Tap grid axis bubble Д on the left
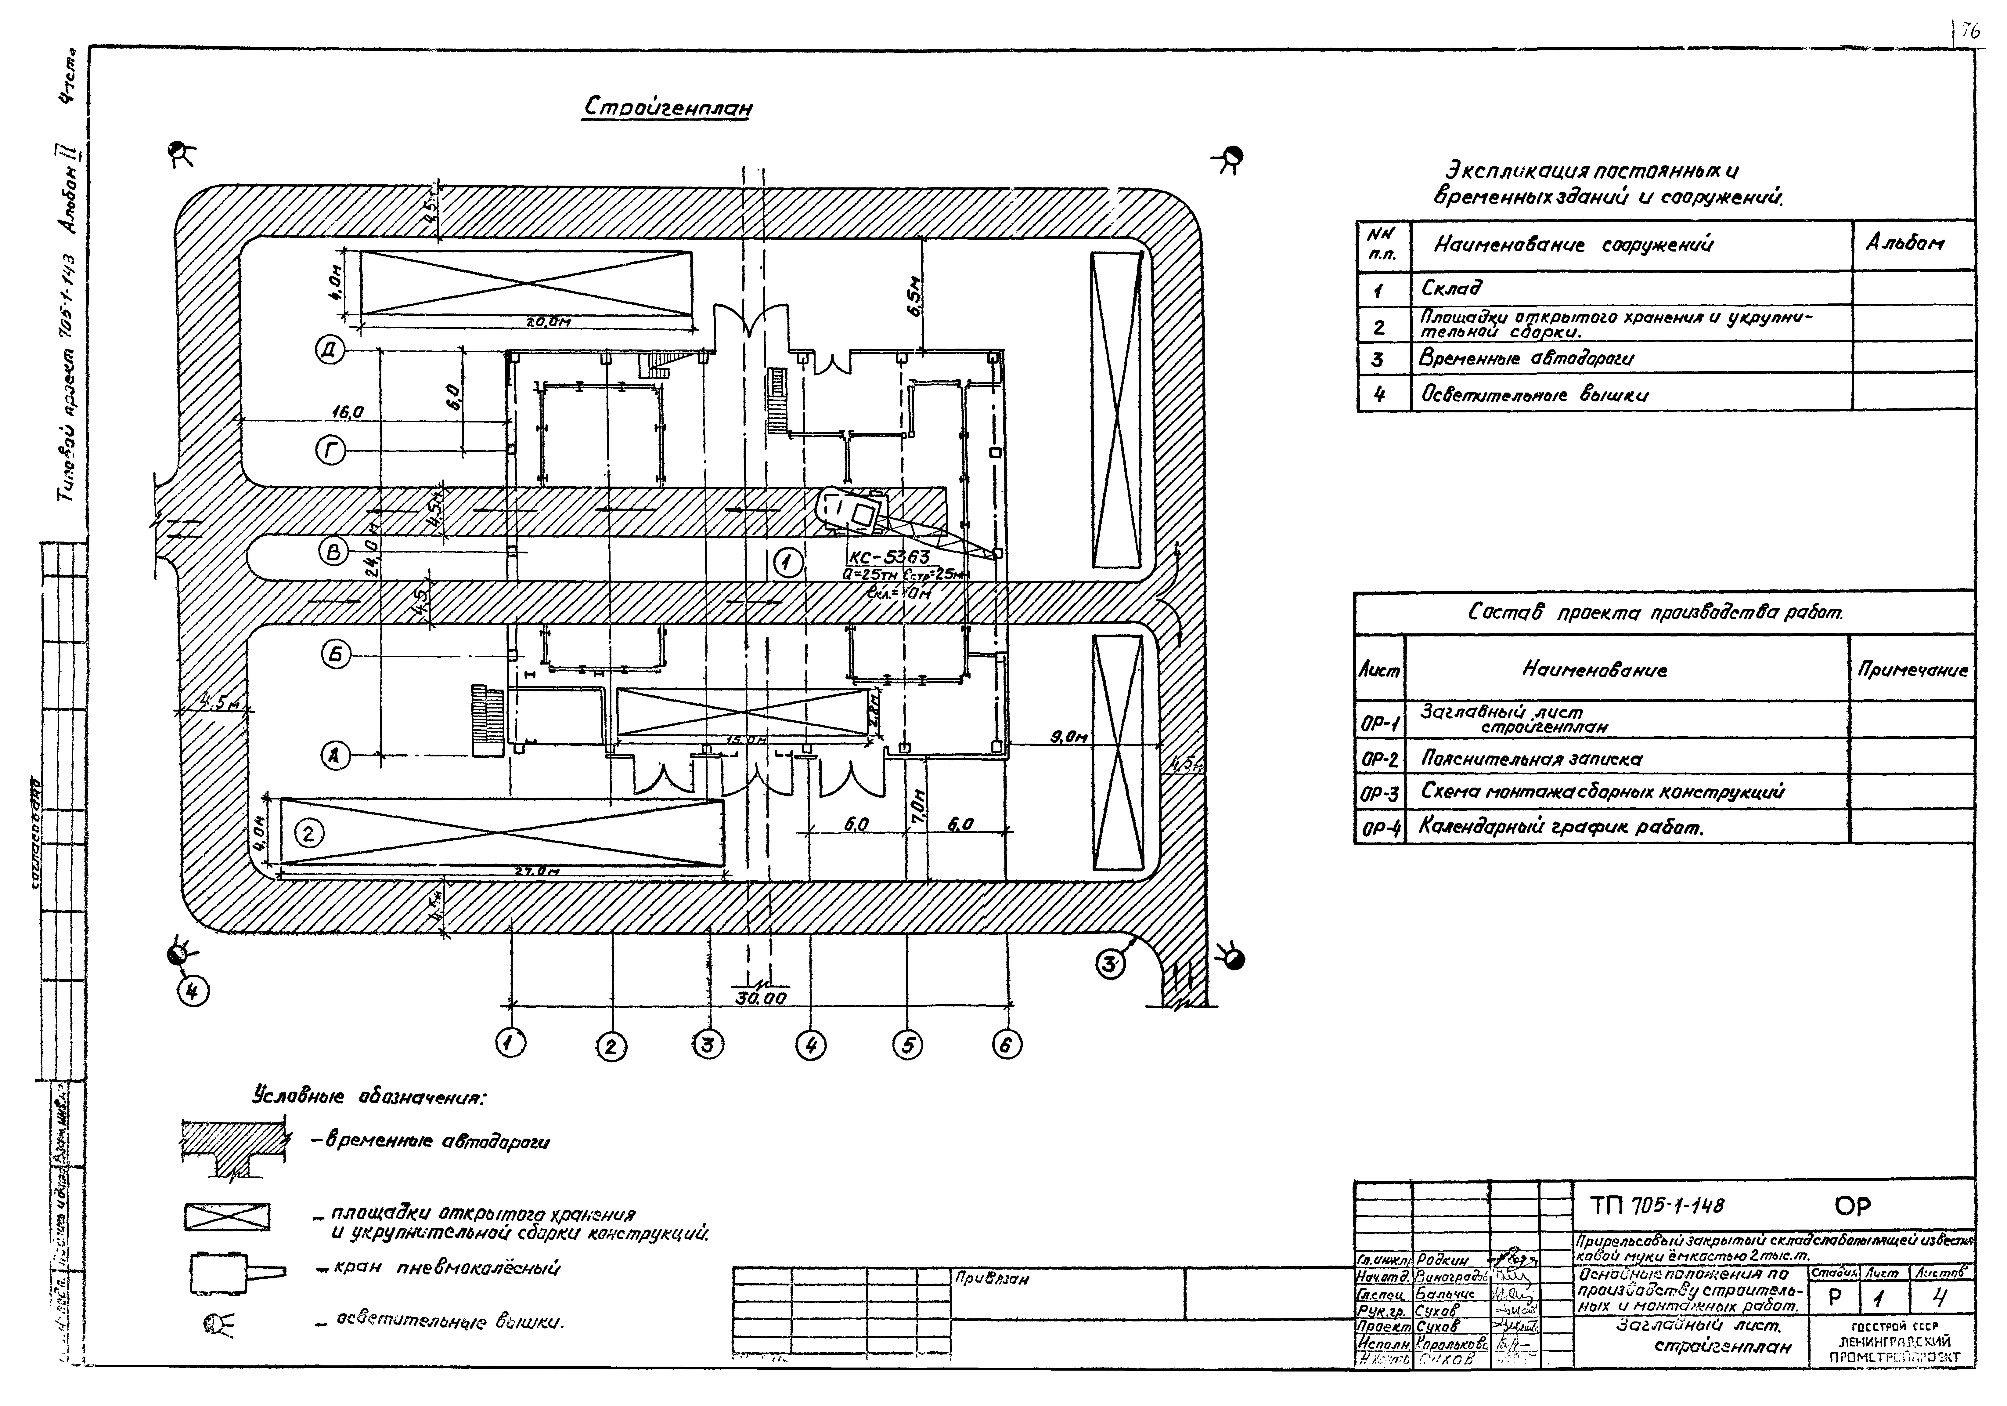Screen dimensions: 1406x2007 (331, 351)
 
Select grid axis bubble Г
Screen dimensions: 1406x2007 (331, 451)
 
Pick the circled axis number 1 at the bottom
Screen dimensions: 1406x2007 (510, 1042)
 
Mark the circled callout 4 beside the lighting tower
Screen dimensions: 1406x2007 (193, 991)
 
